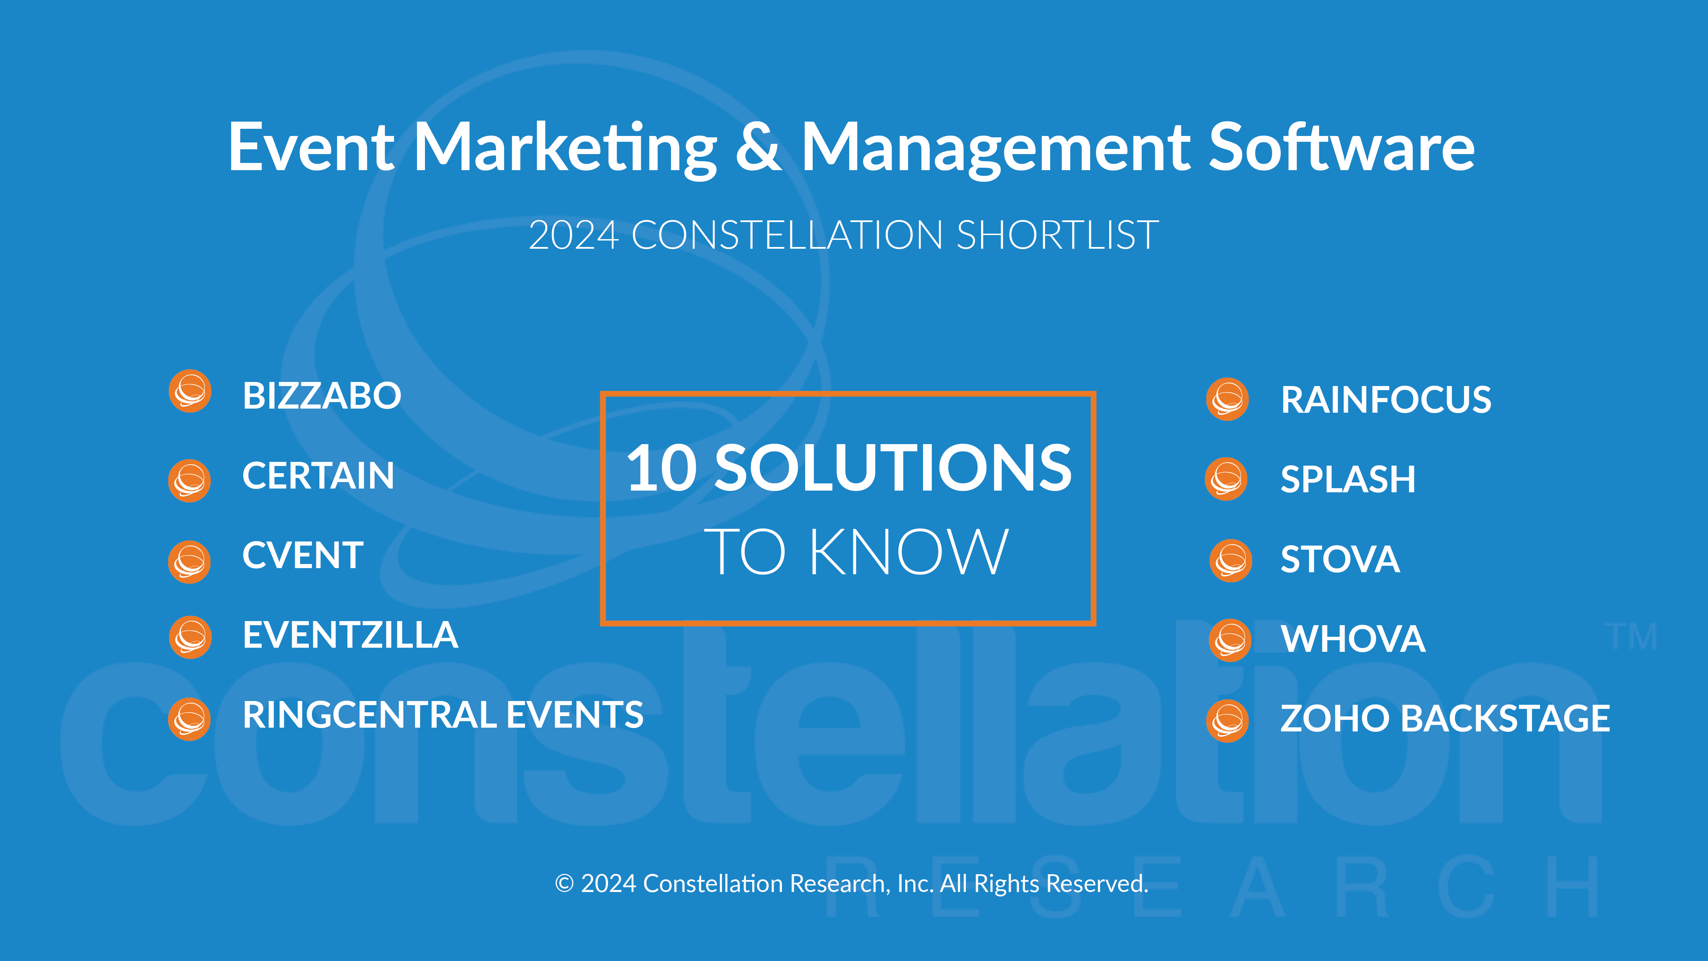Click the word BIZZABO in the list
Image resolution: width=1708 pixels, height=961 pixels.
click(321, 396)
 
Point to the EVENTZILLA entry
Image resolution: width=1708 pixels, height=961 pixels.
click(350, 635)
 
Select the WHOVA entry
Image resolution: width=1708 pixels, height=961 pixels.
click(1353, 639)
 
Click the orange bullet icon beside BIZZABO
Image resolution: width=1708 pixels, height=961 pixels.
click(190, 391)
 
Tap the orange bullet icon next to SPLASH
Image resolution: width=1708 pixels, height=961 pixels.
click(1226, 479)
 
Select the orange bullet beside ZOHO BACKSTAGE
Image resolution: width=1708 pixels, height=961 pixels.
click(1227, 721)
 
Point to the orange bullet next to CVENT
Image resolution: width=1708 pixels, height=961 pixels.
click(190, 562)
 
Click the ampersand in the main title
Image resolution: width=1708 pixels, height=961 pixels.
click(759, 147)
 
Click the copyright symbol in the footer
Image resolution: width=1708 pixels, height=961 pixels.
click(564, 884)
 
